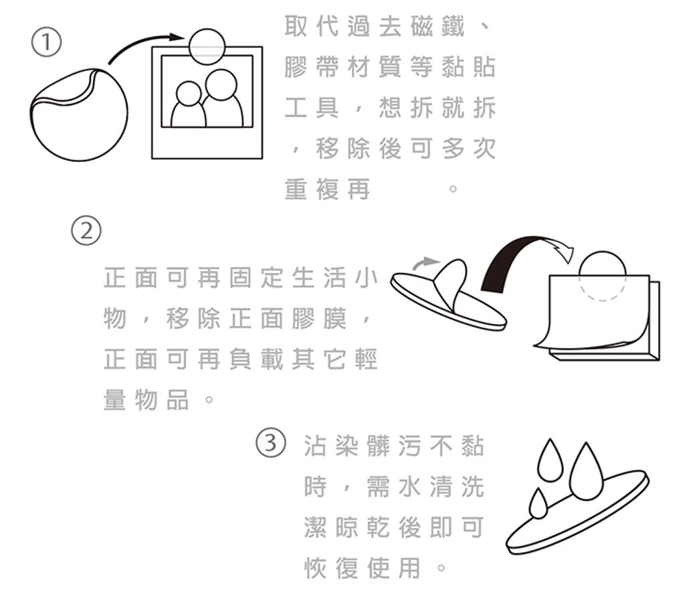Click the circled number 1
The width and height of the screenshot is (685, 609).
[46, 42]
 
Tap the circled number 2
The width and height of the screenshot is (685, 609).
[86, 230]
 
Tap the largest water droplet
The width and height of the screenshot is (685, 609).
[585, 473]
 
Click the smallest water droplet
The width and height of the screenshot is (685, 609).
[539, 505]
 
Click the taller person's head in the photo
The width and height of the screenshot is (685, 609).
[221, 85]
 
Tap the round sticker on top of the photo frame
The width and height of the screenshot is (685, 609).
[207, 46]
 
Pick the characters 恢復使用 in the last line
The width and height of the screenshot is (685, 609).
[363, 568]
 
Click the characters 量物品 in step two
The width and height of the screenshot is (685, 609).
[146, 400]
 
